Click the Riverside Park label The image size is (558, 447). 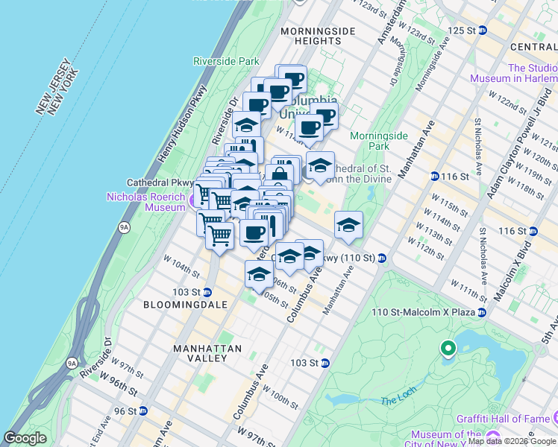225,61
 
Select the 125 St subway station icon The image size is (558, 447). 483,30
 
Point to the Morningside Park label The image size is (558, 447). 379,141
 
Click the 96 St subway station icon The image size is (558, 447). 143,410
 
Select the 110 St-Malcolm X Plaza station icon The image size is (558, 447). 483,311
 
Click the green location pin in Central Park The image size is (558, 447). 448,347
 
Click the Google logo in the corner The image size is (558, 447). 25,438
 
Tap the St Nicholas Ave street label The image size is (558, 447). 483,251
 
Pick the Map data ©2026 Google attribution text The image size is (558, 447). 512,441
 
